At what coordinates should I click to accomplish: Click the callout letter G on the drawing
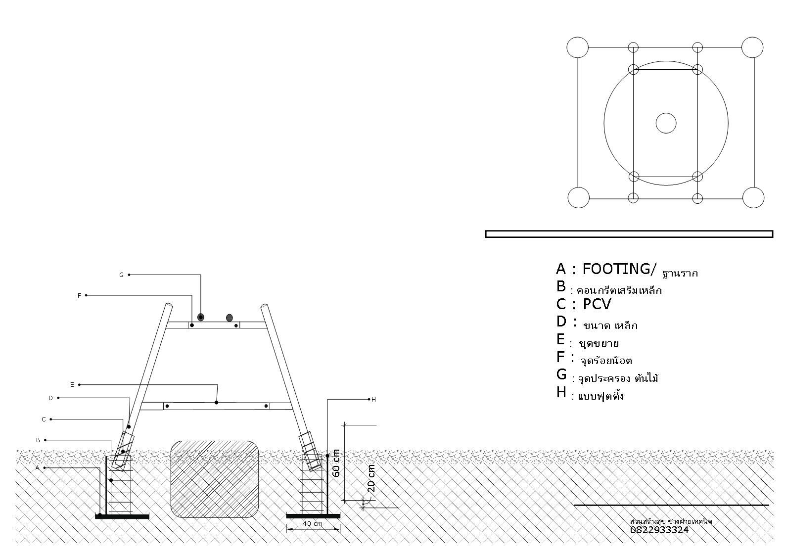(121, 275)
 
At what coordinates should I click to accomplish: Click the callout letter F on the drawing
(79, 296)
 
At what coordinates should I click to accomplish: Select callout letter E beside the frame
(72, 385)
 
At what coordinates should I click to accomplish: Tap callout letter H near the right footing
(373, 400)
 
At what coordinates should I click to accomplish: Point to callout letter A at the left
(38, 468)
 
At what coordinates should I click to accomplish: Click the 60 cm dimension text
(336, 463)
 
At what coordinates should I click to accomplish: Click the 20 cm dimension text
(371, 478)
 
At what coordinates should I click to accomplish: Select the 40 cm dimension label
(313, 523)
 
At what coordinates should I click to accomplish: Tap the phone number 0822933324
(659, 530)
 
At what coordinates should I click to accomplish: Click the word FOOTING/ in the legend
(619, 269)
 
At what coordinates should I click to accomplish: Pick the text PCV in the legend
(597, 304)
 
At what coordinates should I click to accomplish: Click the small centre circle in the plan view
(666, 123)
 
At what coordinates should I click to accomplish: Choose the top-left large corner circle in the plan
(577, 47)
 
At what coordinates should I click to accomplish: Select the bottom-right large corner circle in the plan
(753, 197)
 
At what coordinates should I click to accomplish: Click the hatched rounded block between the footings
(215, 479)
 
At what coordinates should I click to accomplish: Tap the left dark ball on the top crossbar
(200, 317)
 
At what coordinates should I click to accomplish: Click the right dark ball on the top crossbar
(230, 318)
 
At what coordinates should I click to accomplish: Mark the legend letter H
(561, 392)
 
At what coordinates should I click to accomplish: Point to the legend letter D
(561, 322)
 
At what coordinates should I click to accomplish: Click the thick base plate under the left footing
(122, 516)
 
